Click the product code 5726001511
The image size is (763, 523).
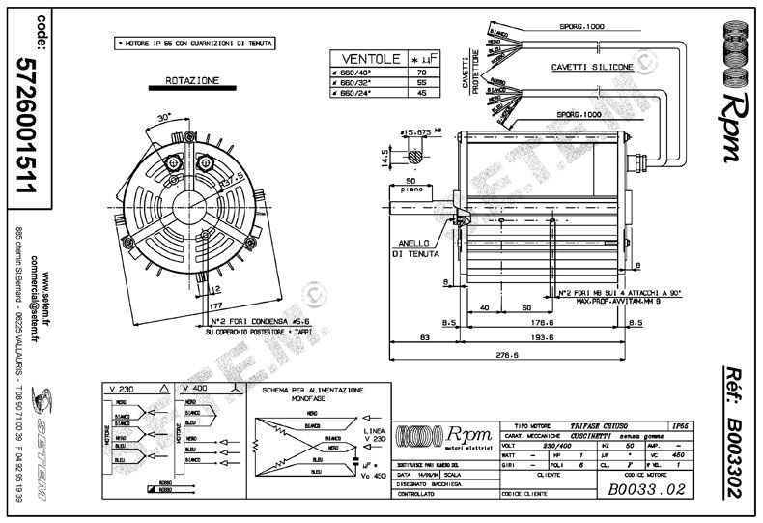pos(26,127)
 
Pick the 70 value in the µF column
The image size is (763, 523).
pos(421,73)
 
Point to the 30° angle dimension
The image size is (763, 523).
pos(164,116)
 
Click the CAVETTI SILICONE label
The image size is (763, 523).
pos(593,68)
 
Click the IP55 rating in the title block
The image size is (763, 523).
pos(682,424)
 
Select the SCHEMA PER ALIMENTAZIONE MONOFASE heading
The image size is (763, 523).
pos(313,392)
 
